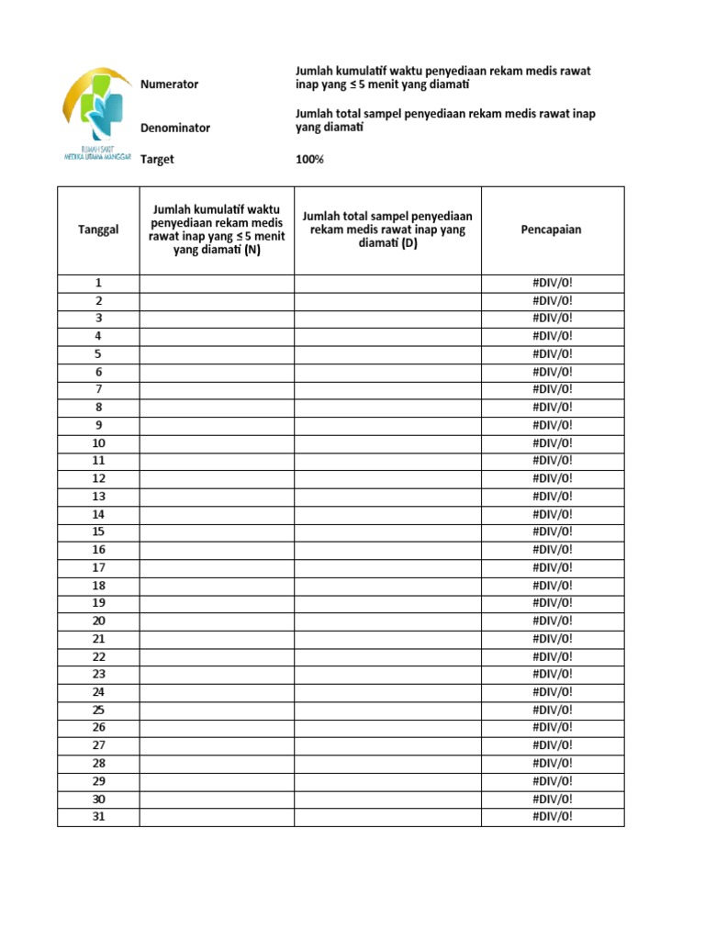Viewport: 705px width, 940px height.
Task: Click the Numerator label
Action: [169, 84]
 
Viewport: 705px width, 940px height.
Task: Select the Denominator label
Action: [175, 129]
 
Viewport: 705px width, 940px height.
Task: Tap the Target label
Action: [157, 160]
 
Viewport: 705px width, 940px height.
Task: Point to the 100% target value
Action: [309, 160]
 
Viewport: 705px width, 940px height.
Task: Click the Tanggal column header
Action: [98, 229]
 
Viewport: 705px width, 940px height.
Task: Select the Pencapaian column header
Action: [552, 229]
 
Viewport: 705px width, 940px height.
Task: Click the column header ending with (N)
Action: [217, 229]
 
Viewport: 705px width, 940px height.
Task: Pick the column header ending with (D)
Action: [387, 229]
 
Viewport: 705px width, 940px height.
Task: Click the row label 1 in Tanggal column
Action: [98, 283]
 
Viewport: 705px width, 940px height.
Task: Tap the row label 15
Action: [98, 532]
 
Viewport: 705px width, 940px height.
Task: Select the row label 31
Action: [98, 816]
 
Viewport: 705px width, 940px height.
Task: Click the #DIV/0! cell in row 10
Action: [552, 442]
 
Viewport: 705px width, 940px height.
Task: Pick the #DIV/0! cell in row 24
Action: [552, 692]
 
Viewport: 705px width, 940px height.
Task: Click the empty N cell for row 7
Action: [217, 389]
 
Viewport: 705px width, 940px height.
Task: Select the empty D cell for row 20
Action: [387, 621]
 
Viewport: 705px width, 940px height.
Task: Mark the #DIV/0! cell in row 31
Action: [552, 816]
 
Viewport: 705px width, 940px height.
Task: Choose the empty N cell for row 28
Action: [217, 763]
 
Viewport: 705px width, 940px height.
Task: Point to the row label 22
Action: [98, 656]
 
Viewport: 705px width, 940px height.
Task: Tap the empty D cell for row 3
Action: [387, 319]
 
